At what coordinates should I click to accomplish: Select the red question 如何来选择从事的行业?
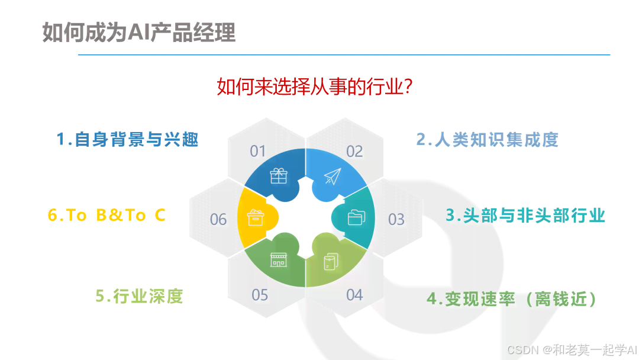pos(315,87)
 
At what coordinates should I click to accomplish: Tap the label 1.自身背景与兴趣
pos(127,140)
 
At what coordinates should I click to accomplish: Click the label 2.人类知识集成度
pos(487,140)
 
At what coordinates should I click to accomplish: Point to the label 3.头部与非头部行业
pos(525,215)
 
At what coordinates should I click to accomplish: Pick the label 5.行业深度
pos(139,295)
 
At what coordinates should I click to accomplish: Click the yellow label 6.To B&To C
pos(106,216)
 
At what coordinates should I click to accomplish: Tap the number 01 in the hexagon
pos(258,152)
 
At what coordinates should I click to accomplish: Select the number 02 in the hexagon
pos(354,152)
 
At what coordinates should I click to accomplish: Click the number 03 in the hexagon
pos(396,220)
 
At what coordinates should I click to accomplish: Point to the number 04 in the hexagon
pos(354,294)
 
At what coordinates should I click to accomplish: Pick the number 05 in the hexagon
pos(260,294)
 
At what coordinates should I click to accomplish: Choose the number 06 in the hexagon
pos(218,220)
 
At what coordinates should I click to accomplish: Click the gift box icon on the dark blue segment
pos(278,176)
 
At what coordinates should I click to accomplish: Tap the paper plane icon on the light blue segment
pos(333,176)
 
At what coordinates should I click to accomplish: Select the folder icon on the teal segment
pos(356,217)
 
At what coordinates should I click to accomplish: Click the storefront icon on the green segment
pos(278,259)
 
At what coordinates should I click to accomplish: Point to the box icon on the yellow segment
pos(255,217)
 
